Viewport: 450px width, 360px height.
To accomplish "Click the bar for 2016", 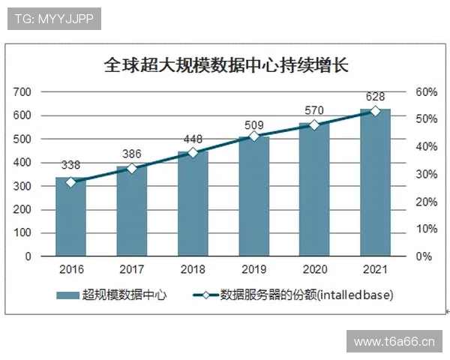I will tap(70, 217).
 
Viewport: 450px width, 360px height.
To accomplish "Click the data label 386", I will tap(132, 154).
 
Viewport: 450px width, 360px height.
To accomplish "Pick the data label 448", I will tap(193, 139).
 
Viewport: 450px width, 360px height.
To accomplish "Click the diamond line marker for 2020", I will tap(314, 125).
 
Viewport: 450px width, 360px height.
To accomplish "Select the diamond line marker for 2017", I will tap(132, 169).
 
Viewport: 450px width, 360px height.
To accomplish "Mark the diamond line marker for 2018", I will tap(193, 153).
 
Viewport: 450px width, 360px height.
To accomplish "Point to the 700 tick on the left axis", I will tap(22, 92).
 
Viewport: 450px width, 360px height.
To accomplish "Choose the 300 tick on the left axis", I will tap(22, 186).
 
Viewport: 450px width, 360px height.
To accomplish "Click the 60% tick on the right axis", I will tap(425, 92).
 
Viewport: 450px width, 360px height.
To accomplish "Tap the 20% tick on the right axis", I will tap(425, 202).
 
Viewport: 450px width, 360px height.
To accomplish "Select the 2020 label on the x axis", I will tap(314, 269).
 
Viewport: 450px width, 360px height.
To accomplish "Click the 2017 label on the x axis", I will tap(132, 269).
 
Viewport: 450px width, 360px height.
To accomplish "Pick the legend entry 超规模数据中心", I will tap(112, 295).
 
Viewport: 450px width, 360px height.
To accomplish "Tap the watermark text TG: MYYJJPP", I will tap(54, 19).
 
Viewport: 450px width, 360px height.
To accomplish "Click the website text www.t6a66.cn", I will tap(394, 342).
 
